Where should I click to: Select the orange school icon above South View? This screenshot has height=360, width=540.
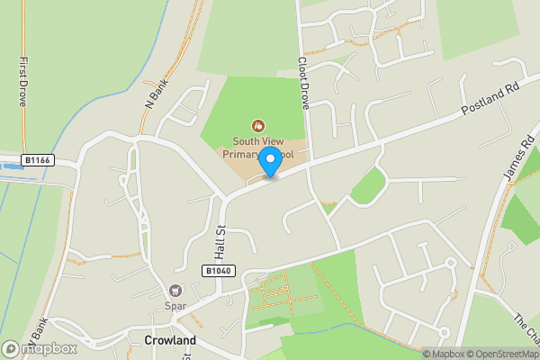coord(258,125)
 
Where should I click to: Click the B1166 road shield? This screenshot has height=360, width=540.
coord(37,160)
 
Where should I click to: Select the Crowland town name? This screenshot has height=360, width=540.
coord(169,341)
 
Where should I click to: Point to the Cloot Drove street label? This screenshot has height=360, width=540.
coord(303,84)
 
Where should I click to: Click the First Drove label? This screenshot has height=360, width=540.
coord(22,84)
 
